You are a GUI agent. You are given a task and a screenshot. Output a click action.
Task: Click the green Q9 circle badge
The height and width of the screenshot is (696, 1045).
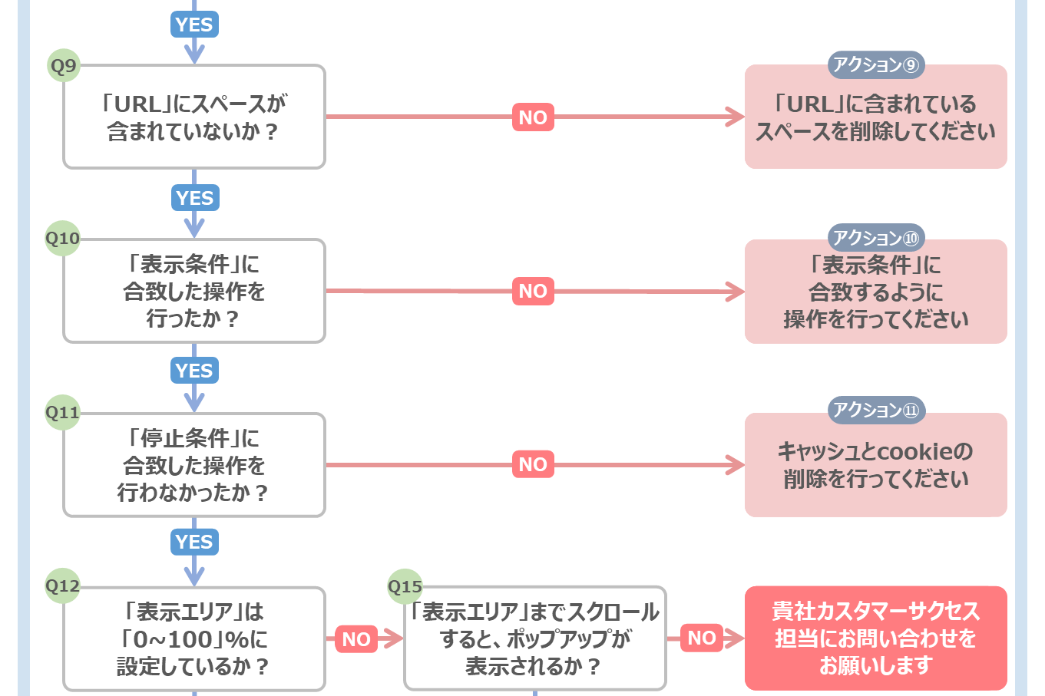(64, 66)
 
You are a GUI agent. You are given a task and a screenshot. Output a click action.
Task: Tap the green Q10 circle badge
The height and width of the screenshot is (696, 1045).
(62, 238)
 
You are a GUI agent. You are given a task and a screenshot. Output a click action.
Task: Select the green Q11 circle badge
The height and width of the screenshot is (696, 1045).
(62, 412)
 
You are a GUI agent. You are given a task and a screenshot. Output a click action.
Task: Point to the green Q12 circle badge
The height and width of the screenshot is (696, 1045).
(62, 585)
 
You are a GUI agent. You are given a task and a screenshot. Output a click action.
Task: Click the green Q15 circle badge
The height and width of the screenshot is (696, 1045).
(405, 586)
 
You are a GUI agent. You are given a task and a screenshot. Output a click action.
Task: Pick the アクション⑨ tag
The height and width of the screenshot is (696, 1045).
(876, 64)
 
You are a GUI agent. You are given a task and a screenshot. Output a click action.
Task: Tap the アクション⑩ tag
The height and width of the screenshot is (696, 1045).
(876, 238)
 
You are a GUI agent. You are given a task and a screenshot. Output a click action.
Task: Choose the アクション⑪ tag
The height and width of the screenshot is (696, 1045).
(876, 411)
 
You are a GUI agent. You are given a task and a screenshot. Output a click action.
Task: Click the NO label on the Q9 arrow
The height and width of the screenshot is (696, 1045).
(533, 117)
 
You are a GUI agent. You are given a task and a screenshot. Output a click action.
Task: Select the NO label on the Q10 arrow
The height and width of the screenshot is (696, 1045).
(533, 291)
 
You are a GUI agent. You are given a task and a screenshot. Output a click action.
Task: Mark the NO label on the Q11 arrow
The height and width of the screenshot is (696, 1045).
(533, 464)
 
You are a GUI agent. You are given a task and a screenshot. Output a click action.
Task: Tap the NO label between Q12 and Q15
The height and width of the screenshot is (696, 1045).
(356, 639)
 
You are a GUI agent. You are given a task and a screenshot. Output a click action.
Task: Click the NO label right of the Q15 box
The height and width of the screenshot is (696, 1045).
(702, 638)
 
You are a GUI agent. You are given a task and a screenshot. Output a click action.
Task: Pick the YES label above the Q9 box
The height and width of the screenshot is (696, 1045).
(194, 25)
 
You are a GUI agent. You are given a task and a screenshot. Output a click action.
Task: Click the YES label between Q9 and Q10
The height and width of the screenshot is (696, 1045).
(195, 198)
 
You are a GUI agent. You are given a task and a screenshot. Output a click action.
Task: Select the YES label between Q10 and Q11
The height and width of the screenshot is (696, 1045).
(194, 371)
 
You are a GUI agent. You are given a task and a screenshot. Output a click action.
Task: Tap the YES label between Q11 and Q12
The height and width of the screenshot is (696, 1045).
(194, 542)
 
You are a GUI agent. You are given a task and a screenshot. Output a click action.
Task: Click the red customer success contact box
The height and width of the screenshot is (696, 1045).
(876, 638)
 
